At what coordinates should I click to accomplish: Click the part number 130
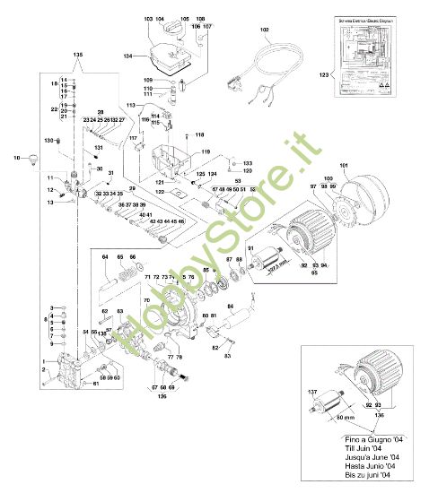pos(49,141)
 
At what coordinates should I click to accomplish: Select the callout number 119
pos(206,152)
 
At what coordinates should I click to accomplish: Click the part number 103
pos(148,19)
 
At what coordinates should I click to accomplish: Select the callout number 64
pos(106,257)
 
